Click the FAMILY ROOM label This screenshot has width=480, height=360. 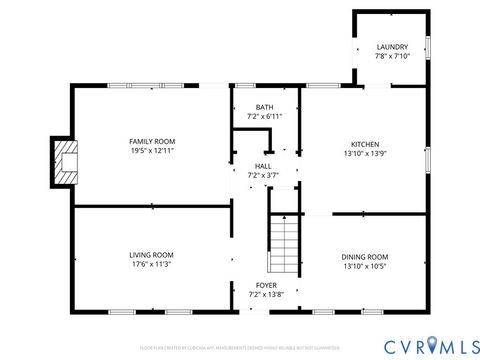pos(152,141)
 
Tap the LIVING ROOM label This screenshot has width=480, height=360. pos(151,255)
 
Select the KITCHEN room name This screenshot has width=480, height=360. pos(364,144)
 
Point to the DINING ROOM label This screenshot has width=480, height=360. pos(364,256)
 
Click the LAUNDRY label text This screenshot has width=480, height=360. pos(391,47)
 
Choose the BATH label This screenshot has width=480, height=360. pos(264,107)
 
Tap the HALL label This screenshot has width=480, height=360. pos(263,166)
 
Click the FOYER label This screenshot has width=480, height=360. pos(262,286)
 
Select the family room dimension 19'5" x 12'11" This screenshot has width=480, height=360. pos(152,151)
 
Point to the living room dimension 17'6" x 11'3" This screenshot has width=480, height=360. pos(151,265)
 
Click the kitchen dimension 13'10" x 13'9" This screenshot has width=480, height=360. pos(364,154)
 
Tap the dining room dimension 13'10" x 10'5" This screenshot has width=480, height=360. pos(364,266)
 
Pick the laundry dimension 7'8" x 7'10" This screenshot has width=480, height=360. pos(391,56)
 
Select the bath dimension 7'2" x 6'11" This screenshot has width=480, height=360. pos(264,116)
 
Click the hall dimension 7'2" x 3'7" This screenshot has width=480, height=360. pos(263,175)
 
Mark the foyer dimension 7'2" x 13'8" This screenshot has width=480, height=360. pos(262,295)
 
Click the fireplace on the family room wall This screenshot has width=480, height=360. pos(65,162)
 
